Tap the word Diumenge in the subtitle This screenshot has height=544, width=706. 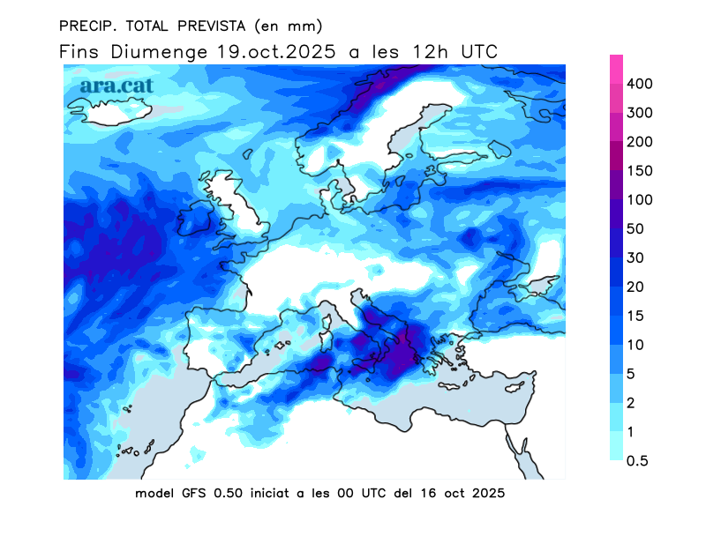click(161, 52)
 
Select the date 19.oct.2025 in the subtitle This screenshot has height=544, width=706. click(276, 52)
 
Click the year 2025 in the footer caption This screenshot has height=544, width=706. click(486, 494)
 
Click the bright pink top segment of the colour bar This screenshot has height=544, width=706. click(616, 66)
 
